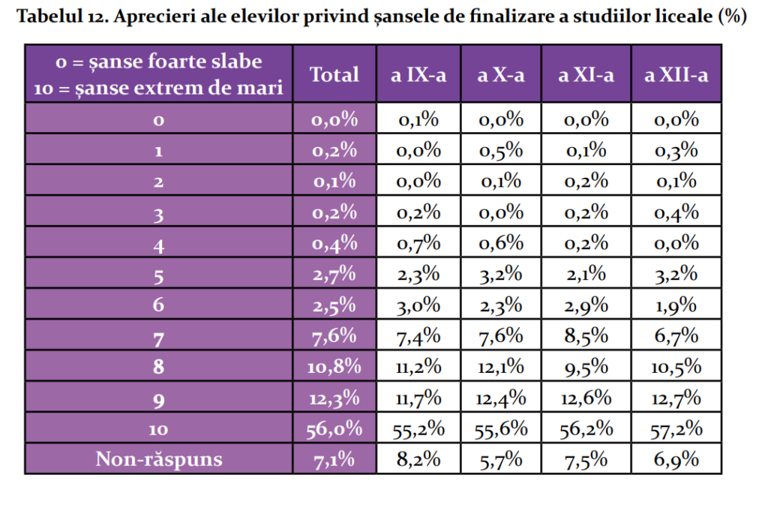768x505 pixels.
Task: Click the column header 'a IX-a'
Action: pos(418,74)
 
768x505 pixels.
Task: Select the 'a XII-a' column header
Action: pos(676,74)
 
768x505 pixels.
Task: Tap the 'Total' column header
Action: pos(334,74)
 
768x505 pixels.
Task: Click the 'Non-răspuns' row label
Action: pos(158,459)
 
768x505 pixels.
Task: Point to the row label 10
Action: pos(158,428)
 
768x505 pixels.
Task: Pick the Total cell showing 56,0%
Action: pos(334,428)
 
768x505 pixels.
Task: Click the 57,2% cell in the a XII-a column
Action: pos(676,428)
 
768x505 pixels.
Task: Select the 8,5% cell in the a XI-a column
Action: pos(586,336)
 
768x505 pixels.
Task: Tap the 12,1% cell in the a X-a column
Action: pos(500,367)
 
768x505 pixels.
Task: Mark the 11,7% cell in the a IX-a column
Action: pos(418,398)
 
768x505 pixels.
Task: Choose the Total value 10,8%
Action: pos(334,367)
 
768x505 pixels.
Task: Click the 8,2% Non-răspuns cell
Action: pos(418,459)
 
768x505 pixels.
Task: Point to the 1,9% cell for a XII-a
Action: pos(676,305)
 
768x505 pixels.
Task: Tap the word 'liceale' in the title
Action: pos(677,18)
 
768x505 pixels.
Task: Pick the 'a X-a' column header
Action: pos(500,74)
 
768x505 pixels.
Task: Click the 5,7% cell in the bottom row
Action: pos(500,459)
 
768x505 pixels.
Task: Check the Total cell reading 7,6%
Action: pos(334,336)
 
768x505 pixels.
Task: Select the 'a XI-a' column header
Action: pos(586,74)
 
